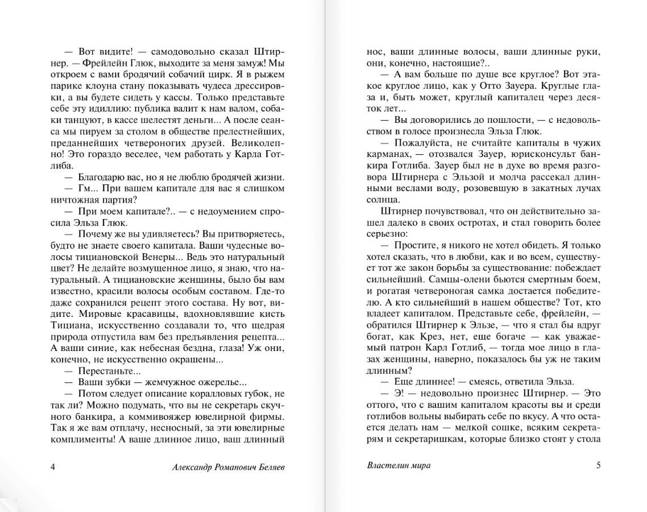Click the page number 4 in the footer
click(53, 467)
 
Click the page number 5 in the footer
click(598, 465)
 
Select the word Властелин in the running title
click(387, 465)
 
